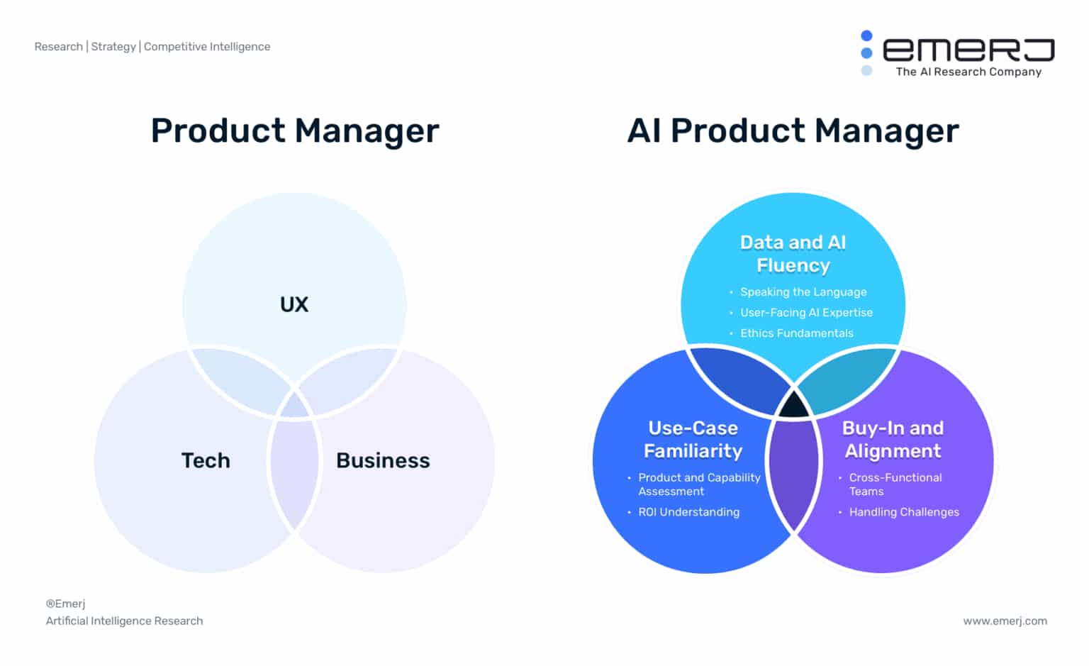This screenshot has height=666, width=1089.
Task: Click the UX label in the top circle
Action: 294,304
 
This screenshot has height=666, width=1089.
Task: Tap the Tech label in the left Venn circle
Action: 206,460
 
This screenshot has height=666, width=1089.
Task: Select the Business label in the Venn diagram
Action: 383,460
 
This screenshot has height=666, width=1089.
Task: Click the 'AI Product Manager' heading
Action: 793,131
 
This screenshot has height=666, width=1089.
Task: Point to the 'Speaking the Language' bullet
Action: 803,292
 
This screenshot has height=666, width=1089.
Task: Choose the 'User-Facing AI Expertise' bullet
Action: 807,312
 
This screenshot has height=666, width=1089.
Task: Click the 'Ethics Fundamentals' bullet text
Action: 797,333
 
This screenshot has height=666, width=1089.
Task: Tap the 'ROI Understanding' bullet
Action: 689,512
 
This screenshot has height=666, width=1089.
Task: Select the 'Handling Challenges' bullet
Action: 904,512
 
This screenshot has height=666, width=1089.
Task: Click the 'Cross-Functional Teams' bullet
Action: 895,484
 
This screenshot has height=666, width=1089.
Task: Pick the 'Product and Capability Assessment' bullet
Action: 699,484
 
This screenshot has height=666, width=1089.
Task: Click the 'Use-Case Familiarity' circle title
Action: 693,439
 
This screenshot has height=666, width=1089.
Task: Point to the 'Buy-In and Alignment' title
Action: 893,439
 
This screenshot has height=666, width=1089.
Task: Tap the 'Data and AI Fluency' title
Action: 793,253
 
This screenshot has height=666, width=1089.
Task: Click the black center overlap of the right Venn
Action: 793,405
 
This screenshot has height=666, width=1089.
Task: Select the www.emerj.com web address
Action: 1005,621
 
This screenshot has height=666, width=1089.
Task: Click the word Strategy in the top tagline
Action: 113,47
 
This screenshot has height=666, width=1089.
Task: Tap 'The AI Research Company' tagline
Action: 968,72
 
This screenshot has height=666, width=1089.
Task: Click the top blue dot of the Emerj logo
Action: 866,35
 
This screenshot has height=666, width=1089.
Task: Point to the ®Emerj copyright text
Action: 66,604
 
